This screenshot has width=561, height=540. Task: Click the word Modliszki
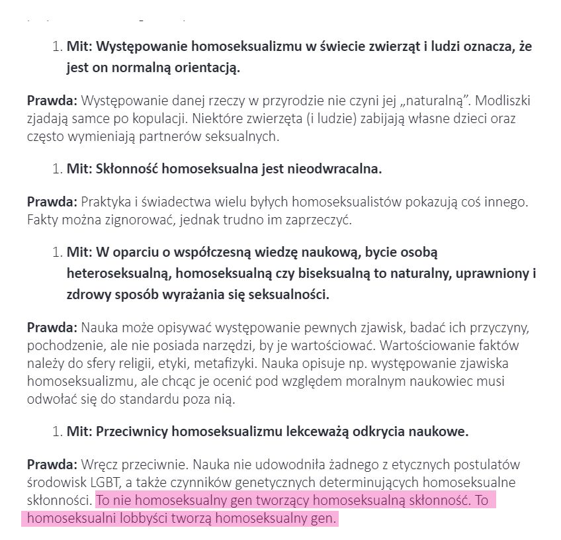pyautogui.click(x=503, y=101)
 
